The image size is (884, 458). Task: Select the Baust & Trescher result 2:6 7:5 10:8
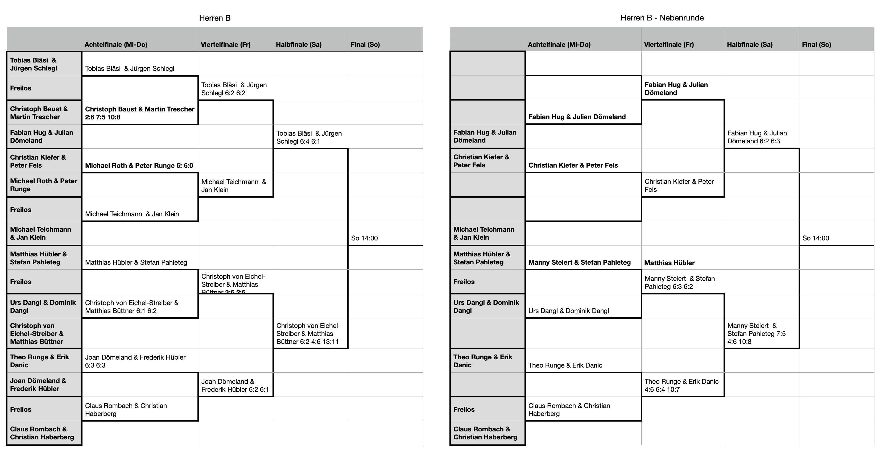click(140, 113)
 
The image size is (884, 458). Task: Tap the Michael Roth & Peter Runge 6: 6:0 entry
click(139, 165)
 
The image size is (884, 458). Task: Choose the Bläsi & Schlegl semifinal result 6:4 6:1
click(309, 137)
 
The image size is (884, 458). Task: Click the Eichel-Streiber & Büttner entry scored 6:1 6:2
click(132, 307)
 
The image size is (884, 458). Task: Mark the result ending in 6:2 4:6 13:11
click(308, 334)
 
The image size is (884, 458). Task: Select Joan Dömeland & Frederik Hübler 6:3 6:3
click(135, 361)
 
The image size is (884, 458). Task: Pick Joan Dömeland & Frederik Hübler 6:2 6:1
click(235, 385)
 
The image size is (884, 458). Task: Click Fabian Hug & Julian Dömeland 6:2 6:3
click(757, 137)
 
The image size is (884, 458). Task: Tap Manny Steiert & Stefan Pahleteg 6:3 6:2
click(679, 282)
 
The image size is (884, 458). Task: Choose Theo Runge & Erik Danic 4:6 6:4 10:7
click(681, 385)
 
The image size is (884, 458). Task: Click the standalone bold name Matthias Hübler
click(669, 263)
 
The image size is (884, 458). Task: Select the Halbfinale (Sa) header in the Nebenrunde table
click(749, 44)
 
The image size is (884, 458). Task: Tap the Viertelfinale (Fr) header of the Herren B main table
click(225, 44)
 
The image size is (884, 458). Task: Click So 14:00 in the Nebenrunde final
click(815, 238)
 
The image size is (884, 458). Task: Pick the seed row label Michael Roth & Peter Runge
click(44, 185)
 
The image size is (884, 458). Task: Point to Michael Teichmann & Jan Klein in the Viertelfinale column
click(234, 186)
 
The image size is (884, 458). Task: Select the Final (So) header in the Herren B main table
click(365, 44)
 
